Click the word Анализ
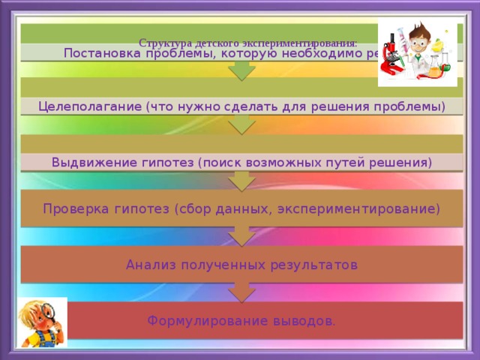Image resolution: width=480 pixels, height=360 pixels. click(x=148, y=265)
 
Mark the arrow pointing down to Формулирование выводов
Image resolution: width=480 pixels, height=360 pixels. click(x=240, y=291)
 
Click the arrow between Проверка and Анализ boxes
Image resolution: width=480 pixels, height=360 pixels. click(x=240, y=235)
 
